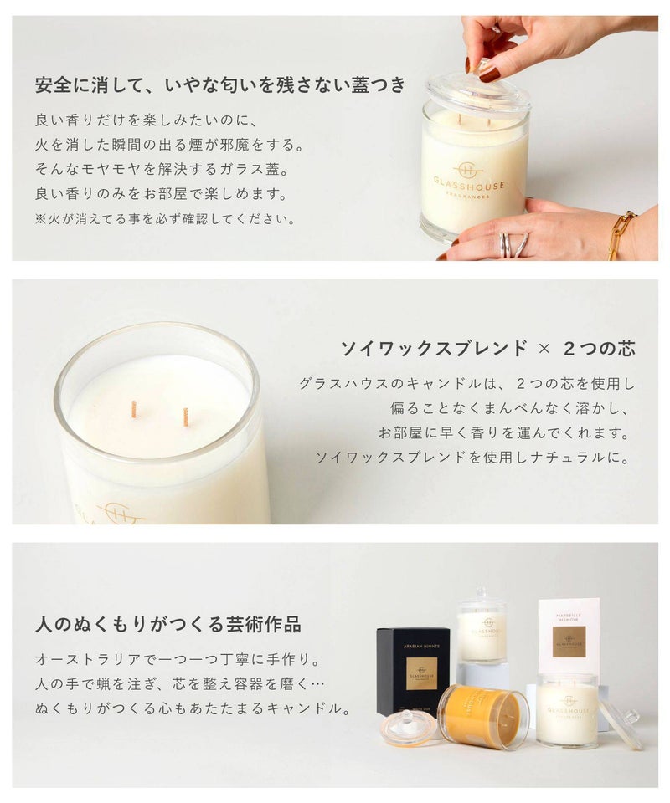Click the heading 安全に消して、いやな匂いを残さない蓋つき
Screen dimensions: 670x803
coord(220,85)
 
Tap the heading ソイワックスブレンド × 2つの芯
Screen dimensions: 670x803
coord(488,349)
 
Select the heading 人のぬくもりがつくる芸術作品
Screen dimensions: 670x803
coord(168,624)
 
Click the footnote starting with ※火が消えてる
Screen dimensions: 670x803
coord(166,219)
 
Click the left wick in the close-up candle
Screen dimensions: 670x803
coord(134,409)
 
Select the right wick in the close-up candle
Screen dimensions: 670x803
coord(186,417)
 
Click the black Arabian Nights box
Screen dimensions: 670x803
coord(413,670)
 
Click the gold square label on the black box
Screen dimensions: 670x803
coord(421,674)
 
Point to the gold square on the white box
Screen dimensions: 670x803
coord(569,642)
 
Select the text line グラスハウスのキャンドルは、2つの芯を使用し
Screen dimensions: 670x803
coord(467,383)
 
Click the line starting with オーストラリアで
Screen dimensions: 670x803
coord(178,659)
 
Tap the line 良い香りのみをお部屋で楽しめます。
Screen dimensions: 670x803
coord(162,194)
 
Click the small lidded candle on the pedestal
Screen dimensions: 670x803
coord(481,626)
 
